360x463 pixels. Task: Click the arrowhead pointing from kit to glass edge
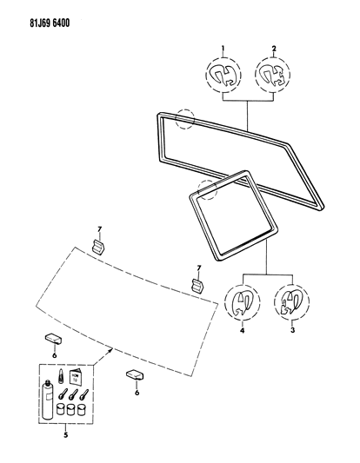109,351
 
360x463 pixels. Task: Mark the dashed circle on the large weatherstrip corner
183,117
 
